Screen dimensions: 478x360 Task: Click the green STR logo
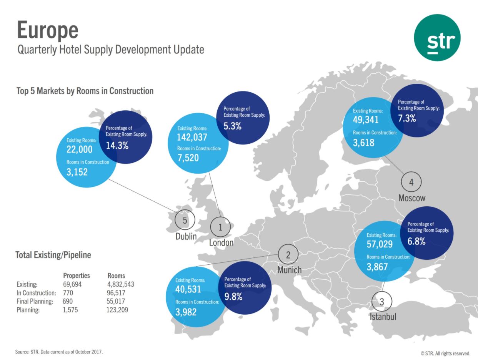pos(437,37)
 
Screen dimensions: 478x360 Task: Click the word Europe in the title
pos(48,30)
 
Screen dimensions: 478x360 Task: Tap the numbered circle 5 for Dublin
pos(185,220)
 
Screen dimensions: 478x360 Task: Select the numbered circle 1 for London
pos(220,227)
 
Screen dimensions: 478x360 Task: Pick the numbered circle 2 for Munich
pos(288,254)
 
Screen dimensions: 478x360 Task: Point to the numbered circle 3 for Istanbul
pos(382,302)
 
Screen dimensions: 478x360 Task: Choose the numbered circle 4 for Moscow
pos(411,182)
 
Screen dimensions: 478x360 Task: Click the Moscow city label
pos(411,198)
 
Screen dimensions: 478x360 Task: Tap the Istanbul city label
pos(383,317)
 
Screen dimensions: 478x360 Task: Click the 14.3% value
pos(117,146)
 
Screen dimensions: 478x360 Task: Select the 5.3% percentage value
pos(232,126)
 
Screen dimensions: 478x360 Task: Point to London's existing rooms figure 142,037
pos(192,137)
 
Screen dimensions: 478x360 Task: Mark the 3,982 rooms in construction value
pos(186,312)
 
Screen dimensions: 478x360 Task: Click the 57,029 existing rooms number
pos(380,244)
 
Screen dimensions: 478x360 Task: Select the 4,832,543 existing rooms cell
pos(121,284)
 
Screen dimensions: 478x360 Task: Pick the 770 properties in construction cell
pos(68,293)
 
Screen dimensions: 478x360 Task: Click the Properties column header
pos(77,275)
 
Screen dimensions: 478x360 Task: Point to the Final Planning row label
pos(35,302)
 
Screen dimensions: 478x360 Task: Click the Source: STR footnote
pos(59,352)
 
